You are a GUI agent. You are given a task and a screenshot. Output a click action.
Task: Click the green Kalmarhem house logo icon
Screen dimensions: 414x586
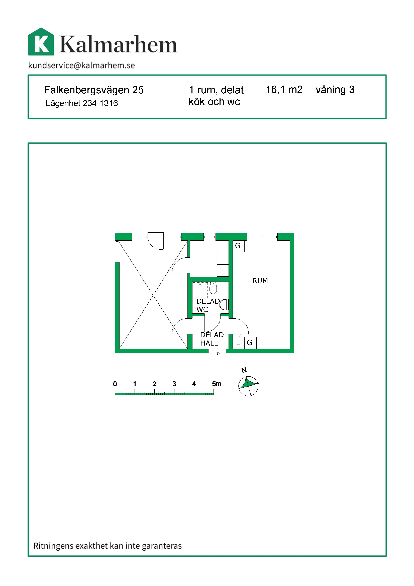[x=41, y=42]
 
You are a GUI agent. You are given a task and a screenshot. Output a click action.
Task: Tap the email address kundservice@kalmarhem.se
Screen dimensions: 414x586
[x=82, y=65]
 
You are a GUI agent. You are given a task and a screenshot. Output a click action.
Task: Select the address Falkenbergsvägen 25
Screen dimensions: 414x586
[x=94, y=90]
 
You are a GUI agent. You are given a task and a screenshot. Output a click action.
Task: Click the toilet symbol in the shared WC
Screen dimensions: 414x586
[x=213, y=288]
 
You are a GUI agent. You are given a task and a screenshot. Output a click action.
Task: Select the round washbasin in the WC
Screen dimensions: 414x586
[x=224, y=304]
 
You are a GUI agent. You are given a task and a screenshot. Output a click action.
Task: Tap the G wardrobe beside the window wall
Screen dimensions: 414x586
[x=238, y=246]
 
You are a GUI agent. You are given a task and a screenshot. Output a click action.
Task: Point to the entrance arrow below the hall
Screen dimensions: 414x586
[x=214, y=353]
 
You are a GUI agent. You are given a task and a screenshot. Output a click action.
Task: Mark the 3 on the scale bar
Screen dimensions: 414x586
[x=174, y=384]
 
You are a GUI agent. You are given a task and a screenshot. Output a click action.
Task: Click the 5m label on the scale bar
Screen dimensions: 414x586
[x=217, y=384]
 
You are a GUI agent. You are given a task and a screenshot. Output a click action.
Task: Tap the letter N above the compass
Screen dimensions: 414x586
[x=244, y=370]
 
